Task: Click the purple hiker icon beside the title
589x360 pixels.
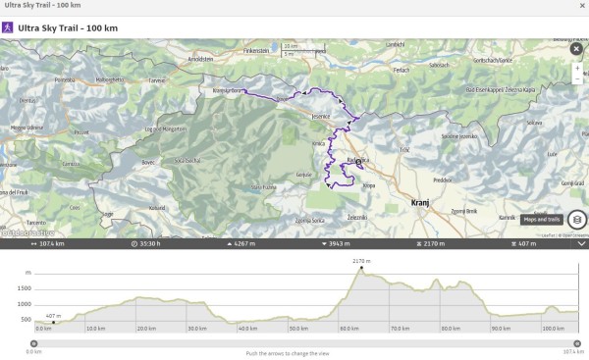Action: click(x=9, y=27)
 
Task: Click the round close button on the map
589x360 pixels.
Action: click(x=575, y=49)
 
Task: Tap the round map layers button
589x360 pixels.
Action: click(x=577, y=220)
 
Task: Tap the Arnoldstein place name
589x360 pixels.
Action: click(x=200, y=58)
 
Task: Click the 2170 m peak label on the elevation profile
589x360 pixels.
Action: click(x=360, y=261)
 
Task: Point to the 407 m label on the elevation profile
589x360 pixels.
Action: click(x=52, y=314)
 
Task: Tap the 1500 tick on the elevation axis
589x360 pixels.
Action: click(x=24, y=287)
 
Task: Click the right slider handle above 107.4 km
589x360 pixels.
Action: click(x=578, y=341)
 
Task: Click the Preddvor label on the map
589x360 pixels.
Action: click(x=443, y=180)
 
